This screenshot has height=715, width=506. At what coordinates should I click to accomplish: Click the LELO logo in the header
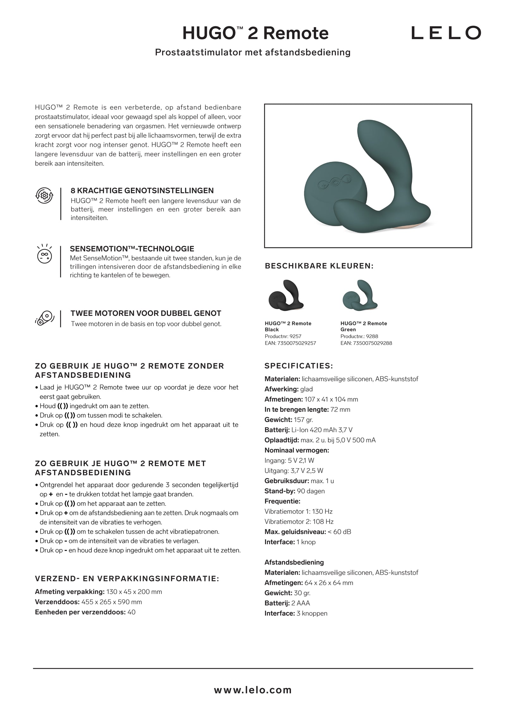click(446, 33)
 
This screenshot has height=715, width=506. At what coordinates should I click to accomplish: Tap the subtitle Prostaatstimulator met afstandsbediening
click(253, 52)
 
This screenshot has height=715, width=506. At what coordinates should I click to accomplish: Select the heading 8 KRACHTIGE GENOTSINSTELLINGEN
click(142, 191)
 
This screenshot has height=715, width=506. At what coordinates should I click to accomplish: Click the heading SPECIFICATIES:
click(299, 366)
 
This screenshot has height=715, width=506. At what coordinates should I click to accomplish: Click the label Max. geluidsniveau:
click(295, 532)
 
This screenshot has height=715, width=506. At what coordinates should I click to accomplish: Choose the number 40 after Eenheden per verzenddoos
click(131, 612)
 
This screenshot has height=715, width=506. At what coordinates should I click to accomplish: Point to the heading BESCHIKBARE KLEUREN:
click(319, 266)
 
